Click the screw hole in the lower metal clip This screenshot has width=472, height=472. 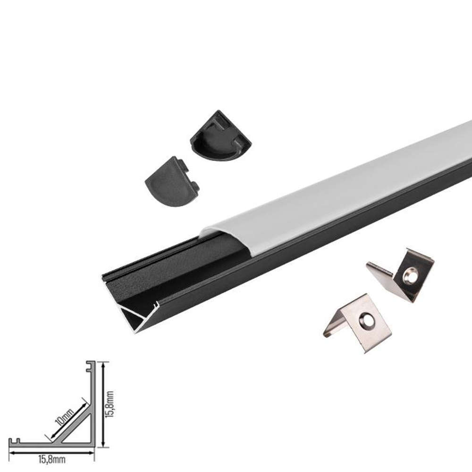pyautogui.click(x=367, y=320)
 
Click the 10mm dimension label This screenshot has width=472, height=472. pyautogui.click(x=64, y=417)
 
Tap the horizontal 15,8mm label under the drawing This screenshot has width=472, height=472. pyautogui.click(x=52, y=460)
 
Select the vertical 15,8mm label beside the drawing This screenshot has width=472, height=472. pyautogui.click(x=110, y=404)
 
